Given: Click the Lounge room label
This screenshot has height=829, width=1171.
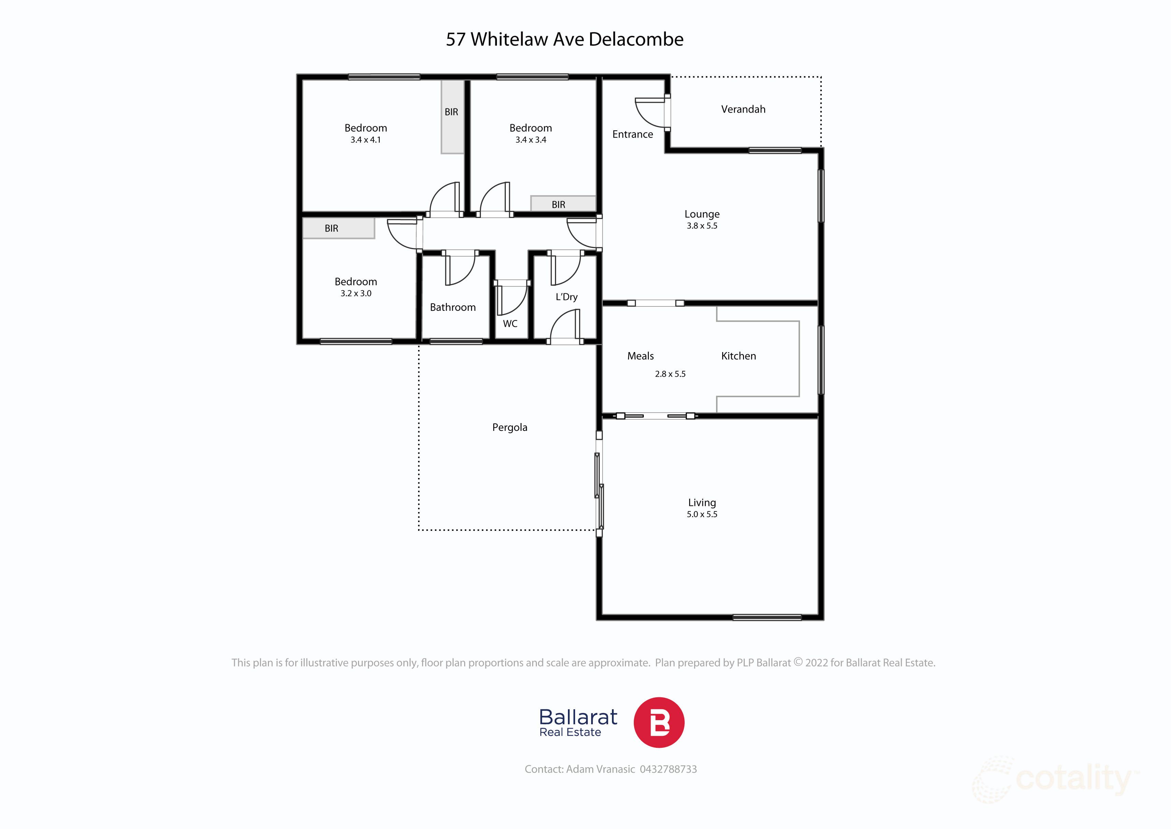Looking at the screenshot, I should point(702,214).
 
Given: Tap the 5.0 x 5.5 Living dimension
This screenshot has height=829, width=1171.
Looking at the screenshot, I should point(702,514).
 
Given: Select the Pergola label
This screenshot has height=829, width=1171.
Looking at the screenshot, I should point(509,427).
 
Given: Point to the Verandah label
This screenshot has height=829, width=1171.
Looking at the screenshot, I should point(743,109).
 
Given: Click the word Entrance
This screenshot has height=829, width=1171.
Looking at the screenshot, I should point(632,134).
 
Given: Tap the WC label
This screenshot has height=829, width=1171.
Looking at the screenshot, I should point(510,324).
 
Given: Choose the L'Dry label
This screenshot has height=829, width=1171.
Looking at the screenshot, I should point(566,296).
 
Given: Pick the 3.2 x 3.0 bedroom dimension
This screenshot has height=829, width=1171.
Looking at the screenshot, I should point(355,293).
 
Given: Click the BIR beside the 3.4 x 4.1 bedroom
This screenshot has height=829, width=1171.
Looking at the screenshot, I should point(451,112).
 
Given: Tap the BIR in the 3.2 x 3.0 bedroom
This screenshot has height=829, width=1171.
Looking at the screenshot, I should point(331,229).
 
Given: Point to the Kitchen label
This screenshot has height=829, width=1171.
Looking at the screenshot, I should point(738,356).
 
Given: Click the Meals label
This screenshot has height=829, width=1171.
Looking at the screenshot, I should point(640,356).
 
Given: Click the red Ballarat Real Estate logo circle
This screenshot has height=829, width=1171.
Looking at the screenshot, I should point(658,722).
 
